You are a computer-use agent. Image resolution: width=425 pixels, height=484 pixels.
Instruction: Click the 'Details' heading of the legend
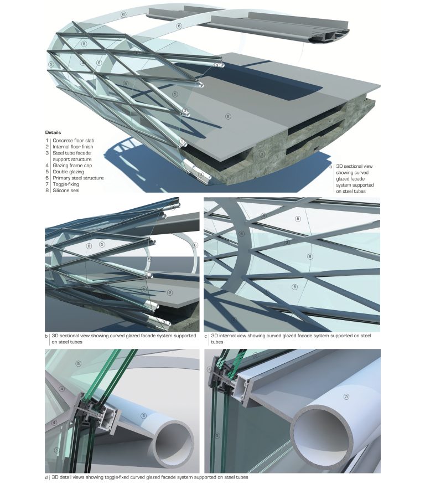tap(54, 132)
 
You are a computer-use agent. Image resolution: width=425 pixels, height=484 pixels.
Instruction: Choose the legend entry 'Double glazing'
tap(68, 172)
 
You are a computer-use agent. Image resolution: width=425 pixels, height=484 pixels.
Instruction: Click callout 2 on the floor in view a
tap(228, 116)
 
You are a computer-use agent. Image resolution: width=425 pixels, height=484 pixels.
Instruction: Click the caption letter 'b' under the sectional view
tap(47, 336)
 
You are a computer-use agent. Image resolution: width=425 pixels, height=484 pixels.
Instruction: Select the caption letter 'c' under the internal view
tap(206, 336)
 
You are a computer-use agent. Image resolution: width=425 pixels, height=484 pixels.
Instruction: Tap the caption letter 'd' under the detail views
tap(46, 477)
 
